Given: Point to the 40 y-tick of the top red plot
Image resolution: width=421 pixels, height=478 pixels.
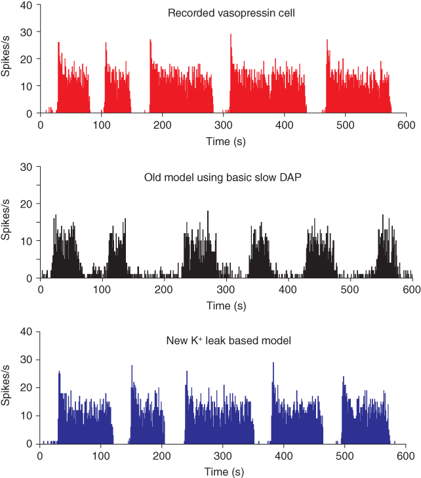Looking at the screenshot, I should pos(27,6).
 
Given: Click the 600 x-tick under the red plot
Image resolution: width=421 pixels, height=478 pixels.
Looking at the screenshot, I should pos(406,125).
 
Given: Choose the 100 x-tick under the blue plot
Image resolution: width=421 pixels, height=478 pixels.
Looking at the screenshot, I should pos(101,455).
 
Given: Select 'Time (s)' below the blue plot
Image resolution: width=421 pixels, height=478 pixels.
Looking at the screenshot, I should pos(223,471).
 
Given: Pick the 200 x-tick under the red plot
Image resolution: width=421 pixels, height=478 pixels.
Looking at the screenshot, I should pos(163,125).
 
